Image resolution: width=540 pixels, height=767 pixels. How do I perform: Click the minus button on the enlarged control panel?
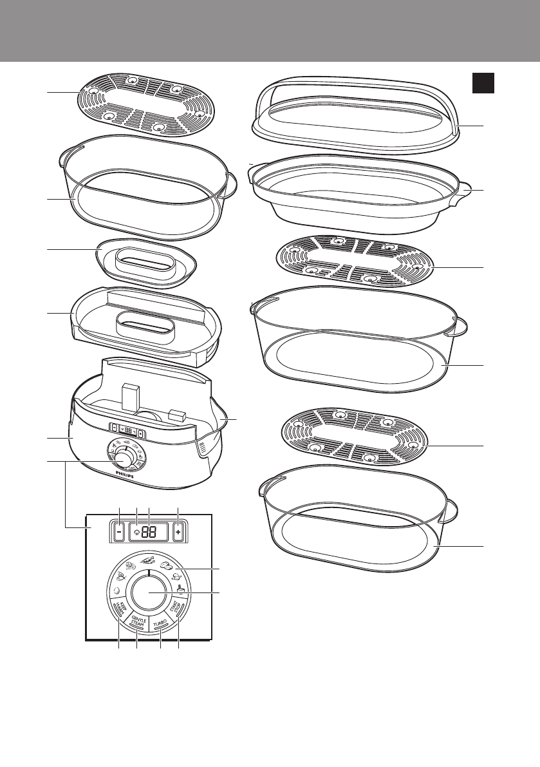click(x=120, y=533)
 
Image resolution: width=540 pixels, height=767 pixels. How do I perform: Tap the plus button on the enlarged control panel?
click(x=178, y=533)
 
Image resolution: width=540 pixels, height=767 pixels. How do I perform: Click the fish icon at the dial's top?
click(x=148, y=560)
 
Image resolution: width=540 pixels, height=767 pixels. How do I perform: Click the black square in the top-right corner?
click(x=483, y=82)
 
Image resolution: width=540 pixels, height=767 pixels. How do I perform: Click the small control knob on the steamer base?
click(x=125, y=456)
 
